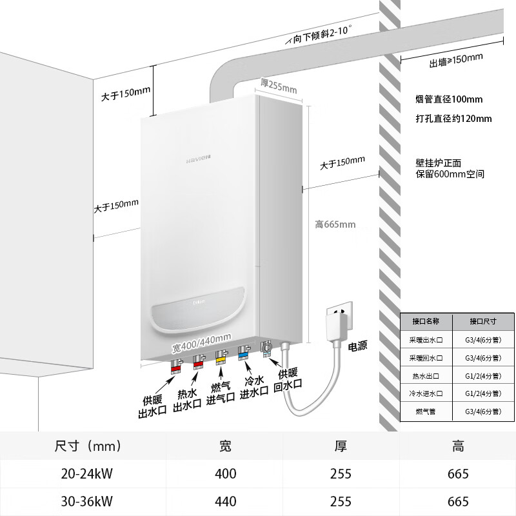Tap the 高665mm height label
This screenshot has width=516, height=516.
click(x=335, y=224)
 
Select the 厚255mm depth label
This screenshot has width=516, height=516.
click(x=279, y=85)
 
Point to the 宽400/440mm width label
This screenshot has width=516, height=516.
click(x=202, y=337)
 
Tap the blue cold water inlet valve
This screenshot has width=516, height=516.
click(x=243, y=353)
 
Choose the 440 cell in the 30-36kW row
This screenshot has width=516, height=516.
click(x=226, y=501)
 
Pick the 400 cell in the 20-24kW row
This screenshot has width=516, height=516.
click(x=226, y=474)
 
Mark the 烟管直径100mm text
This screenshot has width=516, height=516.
click(x=449, y=100)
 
